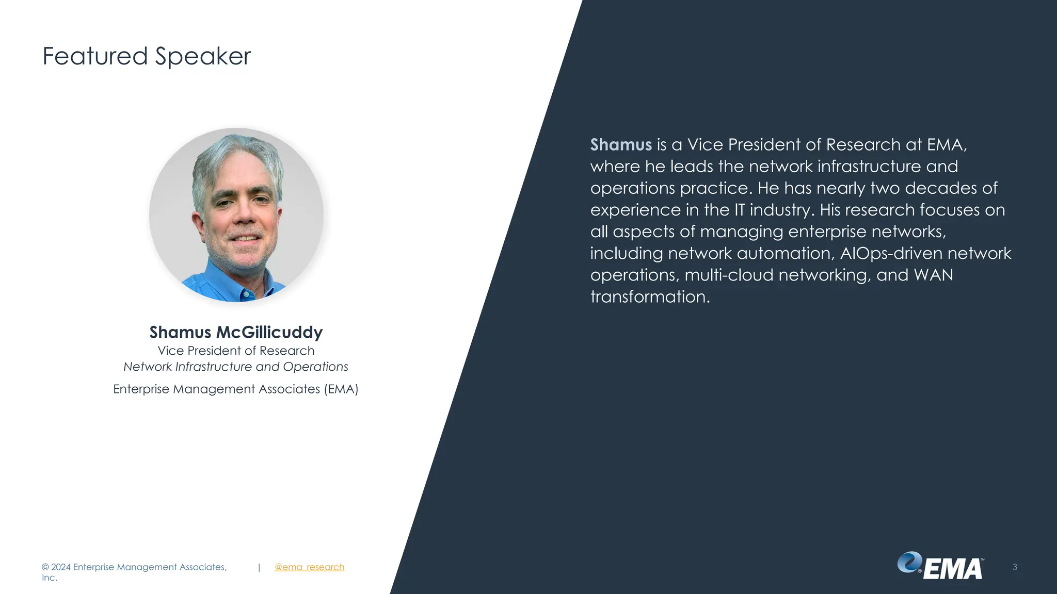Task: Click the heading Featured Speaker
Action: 147,56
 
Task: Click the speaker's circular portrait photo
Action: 236,214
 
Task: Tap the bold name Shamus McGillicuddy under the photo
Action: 236,332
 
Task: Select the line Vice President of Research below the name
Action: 236,351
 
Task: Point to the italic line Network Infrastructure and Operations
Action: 236,367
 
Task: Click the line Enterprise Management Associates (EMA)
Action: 236,389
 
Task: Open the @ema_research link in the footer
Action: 309,567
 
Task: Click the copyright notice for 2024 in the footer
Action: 134,567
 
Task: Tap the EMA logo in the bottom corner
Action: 940,567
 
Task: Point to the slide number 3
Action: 1015,567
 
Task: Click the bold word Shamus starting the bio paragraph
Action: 621,145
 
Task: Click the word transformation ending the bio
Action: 650,297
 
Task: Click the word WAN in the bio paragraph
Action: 933,275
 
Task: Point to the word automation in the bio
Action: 783,253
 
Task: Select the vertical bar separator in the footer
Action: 259,567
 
